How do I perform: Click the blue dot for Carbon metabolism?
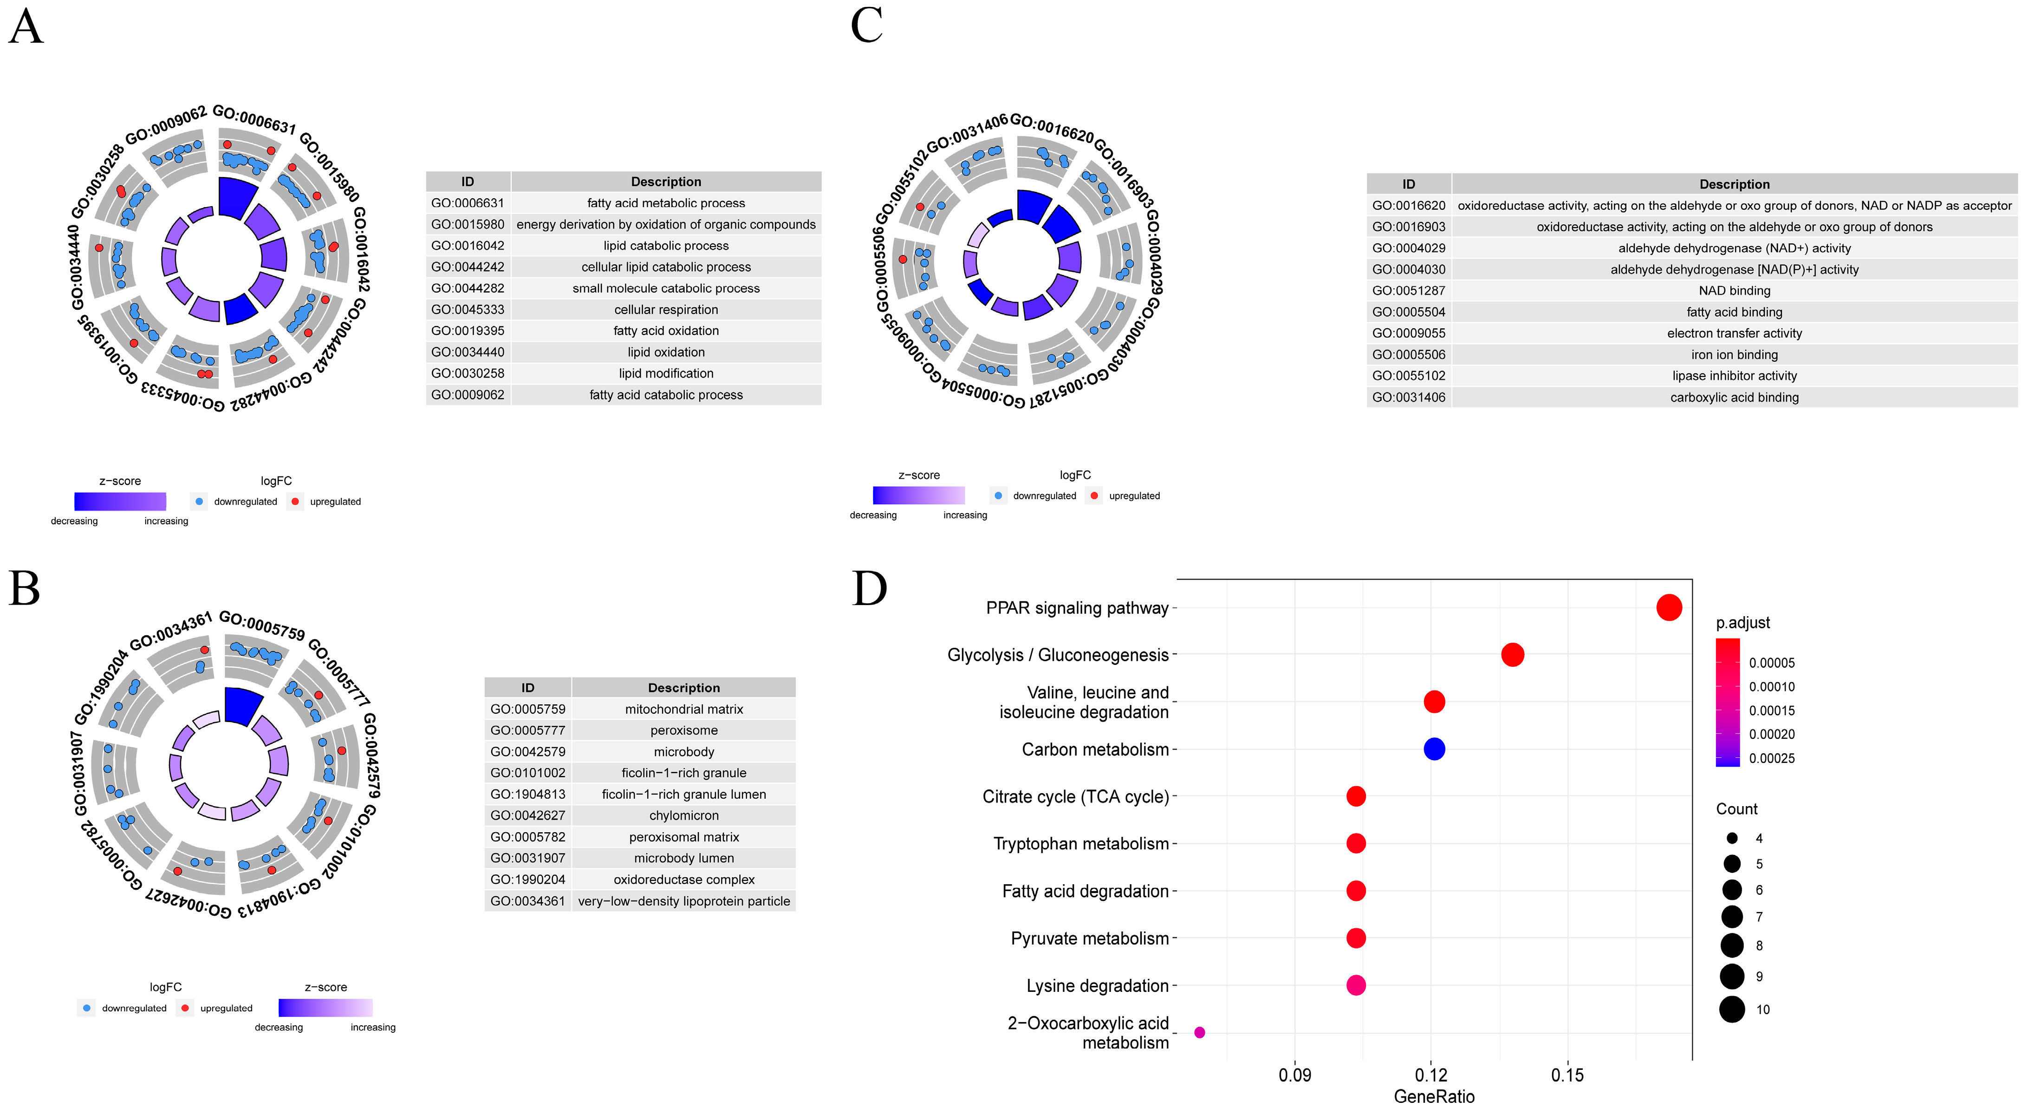[1434, 749]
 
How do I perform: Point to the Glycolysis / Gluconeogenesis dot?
[1512, 654]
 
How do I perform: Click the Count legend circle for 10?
[1731, 1010]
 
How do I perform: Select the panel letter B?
[25, 589]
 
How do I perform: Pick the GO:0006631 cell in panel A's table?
[468, 203]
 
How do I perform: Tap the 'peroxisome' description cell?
[683, 730]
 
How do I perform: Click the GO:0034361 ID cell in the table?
[527, 901]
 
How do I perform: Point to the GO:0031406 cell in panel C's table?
[1409, 397]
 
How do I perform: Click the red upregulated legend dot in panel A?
[295, 502]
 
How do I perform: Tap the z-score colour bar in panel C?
[918, 495]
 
